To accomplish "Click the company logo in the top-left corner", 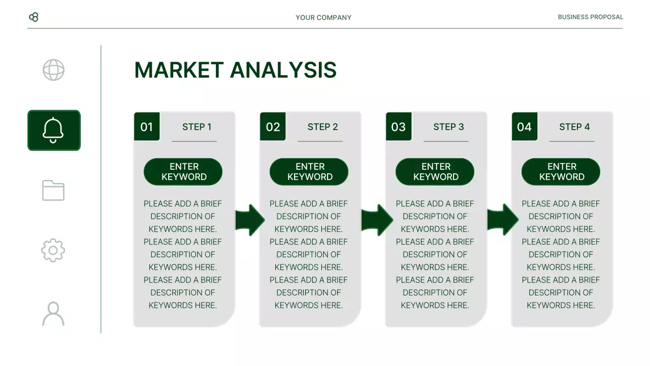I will pos(34,17).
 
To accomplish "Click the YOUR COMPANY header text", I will pos(323,17).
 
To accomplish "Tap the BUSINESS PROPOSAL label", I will pos(590,17).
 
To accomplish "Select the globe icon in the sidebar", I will pos(53,70).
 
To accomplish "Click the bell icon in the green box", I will pos(53,130).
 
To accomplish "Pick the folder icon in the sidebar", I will pos(53,191).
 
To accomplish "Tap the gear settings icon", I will pos(53,251).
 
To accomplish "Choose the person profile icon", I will pos(53,314).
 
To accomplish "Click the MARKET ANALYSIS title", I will pos(235,70).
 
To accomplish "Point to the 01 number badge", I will pos(147,127).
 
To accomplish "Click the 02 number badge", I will pos(273,127).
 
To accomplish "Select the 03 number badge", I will pos(399,127).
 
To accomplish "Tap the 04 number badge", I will pos(525,127).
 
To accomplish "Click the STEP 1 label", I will pos(197,127).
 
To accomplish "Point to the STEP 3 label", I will pos(448,127).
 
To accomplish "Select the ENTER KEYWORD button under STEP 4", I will pos(561,172).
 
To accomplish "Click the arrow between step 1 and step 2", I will pos(250,220).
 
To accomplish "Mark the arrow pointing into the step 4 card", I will pos(502,220).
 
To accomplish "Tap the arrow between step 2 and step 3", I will pos(376,220).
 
